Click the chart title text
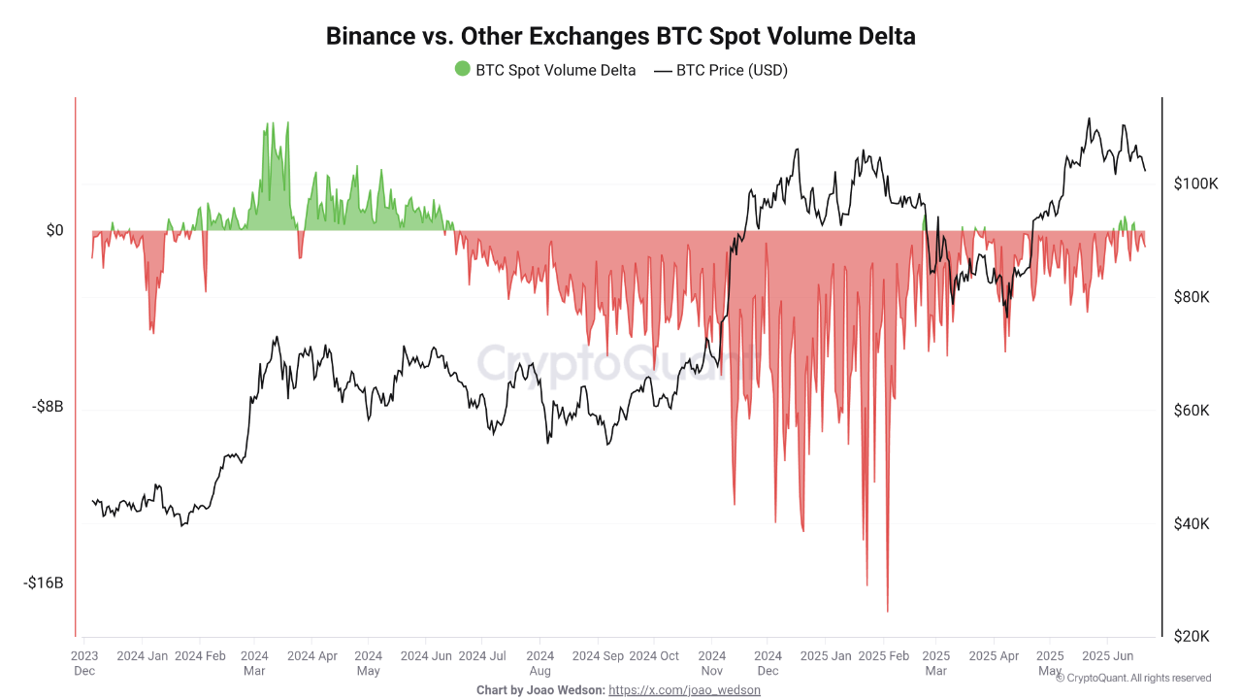coord(621,36)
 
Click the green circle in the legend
coord(463,69)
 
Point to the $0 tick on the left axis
coord(54,230)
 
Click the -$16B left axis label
coord(43,583)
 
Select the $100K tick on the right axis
coord(1195,183)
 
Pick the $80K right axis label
coord(1192,297)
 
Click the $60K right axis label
coord(1192,411)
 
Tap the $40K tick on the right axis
coord(1192,524)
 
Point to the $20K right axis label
coord(1192,637)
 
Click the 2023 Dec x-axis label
coord(83,663)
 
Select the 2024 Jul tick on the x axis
coord(482,656)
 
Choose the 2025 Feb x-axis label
coord(885,656)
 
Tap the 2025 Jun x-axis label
coord(1107,656)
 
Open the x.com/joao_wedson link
coord(684,690)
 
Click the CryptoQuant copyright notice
coord(1132,678)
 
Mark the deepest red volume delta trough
coord(887,611)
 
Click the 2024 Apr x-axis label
coord(311,656)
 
